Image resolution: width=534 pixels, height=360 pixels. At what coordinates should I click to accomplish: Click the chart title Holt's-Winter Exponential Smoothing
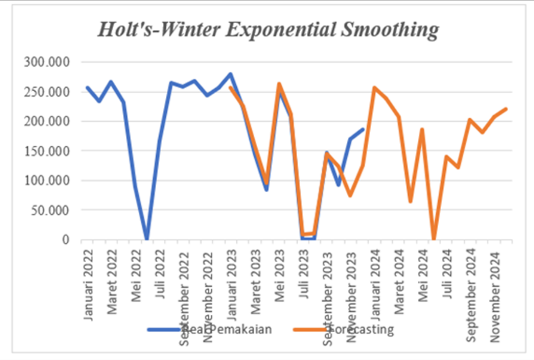point(268,31)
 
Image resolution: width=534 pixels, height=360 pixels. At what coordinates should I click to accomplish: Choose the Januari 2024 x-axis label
point(375,282)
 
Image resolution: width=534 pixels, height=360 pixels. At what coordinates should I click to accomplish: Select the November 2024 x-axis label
point(495,286)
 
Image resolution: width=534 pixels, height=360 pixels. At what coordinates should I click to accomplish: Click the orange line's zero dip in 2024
point(434,238)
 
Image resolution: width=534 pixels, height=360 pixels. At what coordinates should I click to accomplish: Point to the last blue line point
point(363,130)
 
